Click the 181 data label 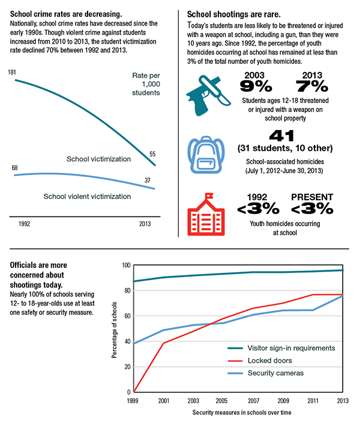point(12,73)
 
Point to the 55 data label point(152,154)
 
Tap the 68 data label point(14,168)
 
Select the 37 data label point(148,180)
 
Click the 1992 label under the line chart point(24,224)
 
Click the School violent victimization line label point(87,196)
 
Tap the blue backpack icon point(206,155)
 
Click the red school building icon point(206,214)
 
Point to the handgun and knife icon point(208,96)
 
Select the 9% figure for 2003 point(256,86)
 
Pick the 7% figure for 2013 point(312,86)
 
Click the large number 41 point(281,136)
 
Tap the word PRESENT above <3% point(312,197)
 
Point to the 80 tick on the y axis point(128,291)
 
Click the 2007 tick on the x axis point(253,400)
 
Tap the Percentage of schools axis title point(114,330)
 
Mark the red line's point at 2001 point(163,343)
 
